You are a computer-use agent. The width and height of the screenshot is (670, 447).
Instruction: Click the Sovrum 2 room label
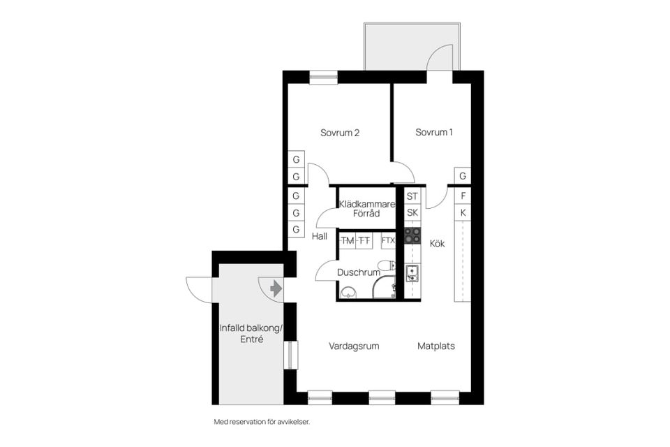click(x=340, y=133)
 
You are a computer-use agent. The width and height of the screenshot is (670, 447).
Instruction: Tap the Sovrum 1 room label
click(x=433, y=132)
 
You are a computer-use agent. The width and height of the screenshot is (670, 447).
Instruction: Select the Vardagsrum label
click(x=354, y=346)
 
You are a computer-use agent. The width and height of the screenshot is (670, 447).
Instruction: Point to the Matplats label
click(x=435, y=346)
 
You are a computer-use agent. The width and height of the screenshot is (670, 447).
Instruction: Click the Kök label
click(x=437, y=243)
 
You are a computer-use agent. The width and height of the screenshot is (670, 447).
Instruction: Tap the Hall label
click(x=319, y=236)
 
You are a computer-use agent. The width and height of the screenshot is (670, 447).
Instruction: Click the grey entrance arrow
click(x=276, y=288)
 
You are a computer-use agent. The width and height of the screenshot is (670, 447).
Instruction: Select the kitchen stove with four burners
click(x=412, y=235)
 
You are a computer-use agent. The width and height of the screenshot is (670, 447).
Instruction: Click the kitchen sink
click(x=412, y=274)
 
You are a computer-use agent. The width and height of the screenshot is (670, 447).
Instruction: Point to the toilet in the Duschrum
click(x=387, y=265)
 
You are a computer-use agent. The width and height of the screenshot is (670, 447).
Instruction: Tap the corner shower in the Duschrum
click(x=384, y=286)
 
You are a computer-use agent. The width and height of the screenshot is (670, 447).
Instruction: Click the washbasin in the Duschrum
click(x=348, y=292)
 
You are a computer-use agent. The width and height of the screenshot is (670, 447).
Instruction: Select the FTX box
click(x=388, y=240)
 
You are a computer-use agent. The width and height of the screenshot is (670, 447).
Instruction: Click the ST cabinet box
click(x=412, y=196)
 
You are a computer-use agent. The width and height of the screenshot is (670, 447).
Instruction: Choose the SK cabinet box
click(x=412, y=212)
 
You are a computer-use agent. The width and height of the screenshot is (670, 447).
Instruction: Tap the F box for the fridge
click(x=463, y=196)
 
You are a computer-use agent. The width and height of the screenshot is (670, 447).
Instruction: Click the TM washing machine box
click(x=348, y=240)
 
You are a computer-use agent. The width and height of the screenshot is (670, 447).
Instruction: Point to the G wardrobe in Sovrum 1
click(x=463, y=176)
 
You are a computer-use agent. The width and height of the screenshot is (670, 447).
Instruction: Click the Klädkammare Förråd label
click(x=367, y=209)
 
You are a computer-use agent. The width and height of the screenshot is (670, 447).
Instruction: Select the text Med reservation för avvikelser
click(x=262, y=422)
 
